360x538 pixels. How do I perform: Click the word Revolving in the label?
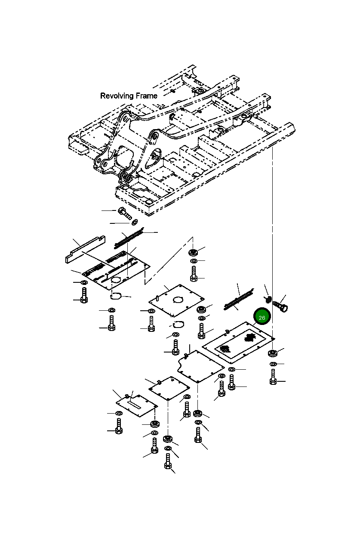click(116, 96)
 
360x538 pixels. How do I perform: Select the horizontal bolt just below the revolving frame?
click(124, 212)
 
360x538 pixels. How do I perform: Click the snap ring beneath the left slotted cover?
click(115, 296)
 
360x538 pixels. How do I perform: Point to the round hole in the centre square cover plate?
click(178, 300)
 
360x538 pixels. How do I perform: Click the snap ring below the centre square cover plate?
click(178, 324)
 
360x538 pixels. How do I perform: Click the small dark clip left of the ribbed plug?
click(267, 300)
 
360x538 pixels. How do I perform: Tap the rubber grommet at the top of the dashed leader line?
click(194, 251)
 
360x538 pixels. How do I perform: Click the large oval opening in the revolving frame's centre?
click(155, 158)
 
